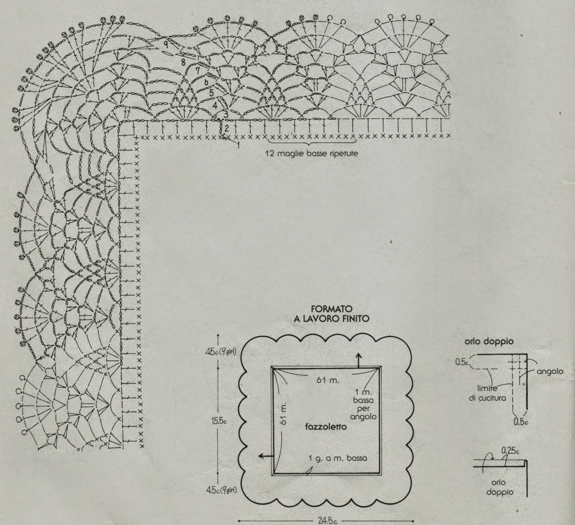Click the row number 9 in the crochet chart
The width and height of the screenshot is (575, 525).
pos(165,43)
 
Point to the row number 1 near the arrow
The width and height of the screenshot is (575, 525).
pos(238,146)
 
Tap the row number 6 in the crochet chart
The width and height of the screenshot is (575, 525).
pos(206,81)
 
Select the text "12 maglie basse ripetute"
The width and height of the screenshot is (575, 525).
pos(312,154)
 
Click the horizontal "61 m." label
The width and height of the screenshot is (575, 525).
pos(328,380)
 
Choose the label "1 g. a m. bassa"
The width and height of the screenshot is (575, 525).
pos(338,458)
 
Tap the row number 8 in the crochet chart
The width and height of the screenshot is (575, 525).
pos(184,62)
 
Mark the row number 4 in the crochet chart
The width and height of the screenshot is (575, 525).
pos(215,104)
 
